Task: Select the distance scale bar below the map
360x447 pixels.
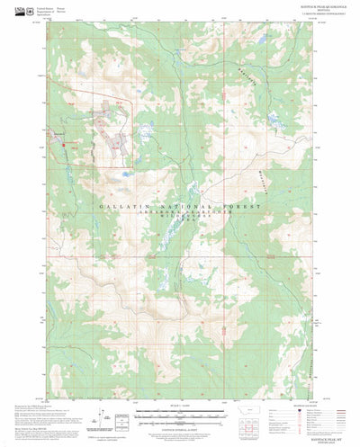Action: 181,402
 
